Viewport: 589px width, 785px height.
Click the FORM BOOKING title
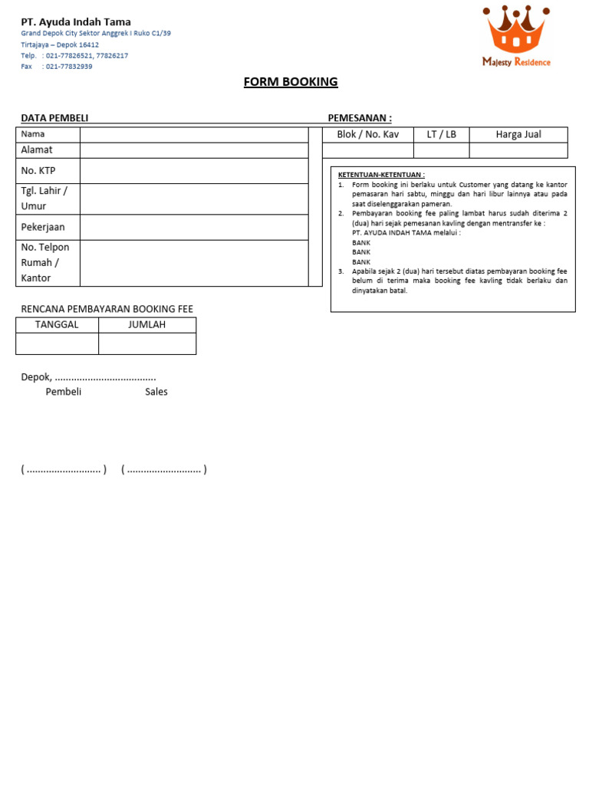click(x=291, y=82)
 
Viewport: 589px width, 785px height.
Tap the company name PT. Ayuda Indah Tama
click(x=76, y=22)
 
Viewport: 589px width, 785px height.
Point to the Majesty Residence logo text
click(x=516, y=62)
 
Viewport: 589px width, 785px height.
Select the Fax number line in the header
click(x=57, y=67)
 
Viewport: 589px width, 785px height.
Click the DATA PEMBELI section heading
click(x=54, y=117)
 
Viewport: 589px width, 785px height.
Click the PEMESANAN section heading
click(x=360, y=117)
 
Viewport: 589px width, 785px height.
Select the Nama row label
click(x=33, y=134)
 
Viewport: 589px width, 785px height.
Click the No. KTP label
click(x=38, y=170)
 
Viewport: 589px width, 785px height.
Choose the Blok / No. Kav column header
click(x=368, y=134)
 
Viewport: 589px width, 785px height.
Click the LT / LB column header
click(x=441, y=134)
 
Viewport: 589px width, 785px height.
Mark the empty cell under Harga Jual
click(x=518, y=150)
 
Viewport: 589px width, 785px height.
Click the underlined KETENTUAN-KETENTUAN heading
click(x=381, y=175)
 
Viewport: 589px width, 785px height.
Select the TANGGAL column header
click(x=57, y=324)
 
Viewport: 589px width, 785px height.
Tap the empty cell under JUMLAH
click(x=146, y=343)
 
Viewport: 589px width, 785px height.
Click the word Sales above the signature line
click(x=156, y=392)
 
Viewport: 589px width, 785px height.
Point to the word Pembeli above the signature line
click(x=64, y=392)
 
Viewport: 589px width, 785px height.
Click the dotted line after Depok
click(x=106, y=377)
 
